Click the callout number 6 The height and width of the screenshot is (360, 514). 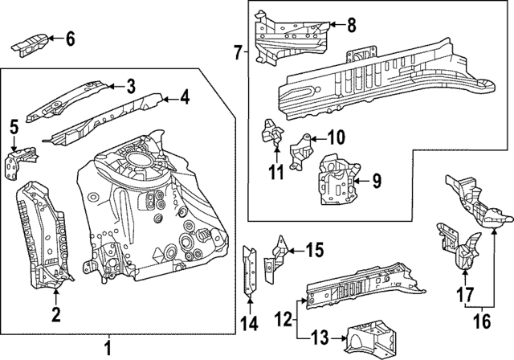click(69, 38)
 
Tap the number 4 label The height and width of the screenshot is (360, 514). click(185, 99)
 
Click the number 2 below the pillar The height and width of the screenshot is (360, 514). click(55, 313)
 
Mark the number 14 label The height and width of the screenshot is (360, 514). click(249, 324)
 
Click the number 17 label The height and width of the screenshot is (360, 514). click(463, 296)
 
